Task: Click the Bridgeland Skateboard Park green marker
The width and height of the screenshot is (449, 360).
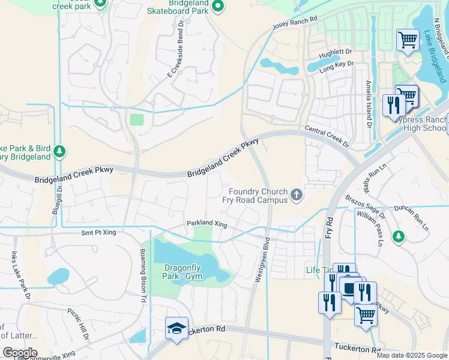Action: coord(218,7)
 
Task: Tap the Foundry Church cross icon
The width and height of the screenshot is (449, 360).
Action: coord(296,194)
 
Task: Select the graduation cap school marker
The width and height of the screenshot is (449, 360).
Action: coord(176,328)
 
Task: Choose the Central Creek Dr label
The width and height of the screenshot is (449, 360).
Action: coord(327,136)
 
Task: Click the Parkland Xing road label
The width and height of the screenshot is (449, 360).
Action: coord(206,224)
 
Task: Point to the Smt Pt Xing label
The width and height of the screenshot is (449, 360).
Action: coord(98,232)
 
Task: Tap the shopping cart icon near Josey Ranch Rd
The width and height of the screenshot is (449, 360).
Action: coord(408,40)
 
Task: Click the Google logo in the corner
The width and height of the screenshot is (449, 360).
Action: coord(20,353)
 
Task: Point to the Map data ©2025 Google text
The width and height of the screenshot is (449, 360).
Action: coord(411,355)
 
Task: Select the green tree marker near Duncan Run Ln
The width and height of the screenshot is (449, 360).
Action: coord(398,237)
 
